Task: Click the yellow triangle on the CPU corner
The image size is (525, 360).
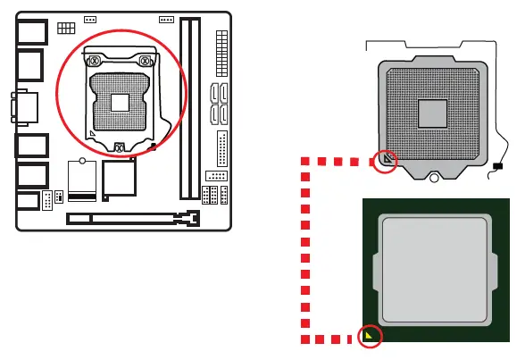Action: pyautogui.click(x=368, y=335)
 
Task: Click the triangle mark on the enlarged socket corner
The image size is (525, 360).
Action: pyautogui.click(x=386, y=159)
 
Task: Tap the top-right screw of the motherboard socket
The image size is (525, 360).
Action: pyautogui.click(x=145, y=62)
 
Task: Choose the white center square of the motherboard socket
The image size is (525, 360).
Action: pyautogui.click(x=119, y=103)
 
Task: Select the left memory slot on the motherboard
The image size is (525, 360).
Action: pyautogui.click(x=185, y=107)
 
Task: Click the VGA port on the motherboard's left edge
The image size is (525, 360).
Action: pyautogui.click(x=24, y=108)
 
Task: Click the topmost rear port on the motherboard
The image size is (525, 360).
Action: pyautogui.click(x=31, y=31)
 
